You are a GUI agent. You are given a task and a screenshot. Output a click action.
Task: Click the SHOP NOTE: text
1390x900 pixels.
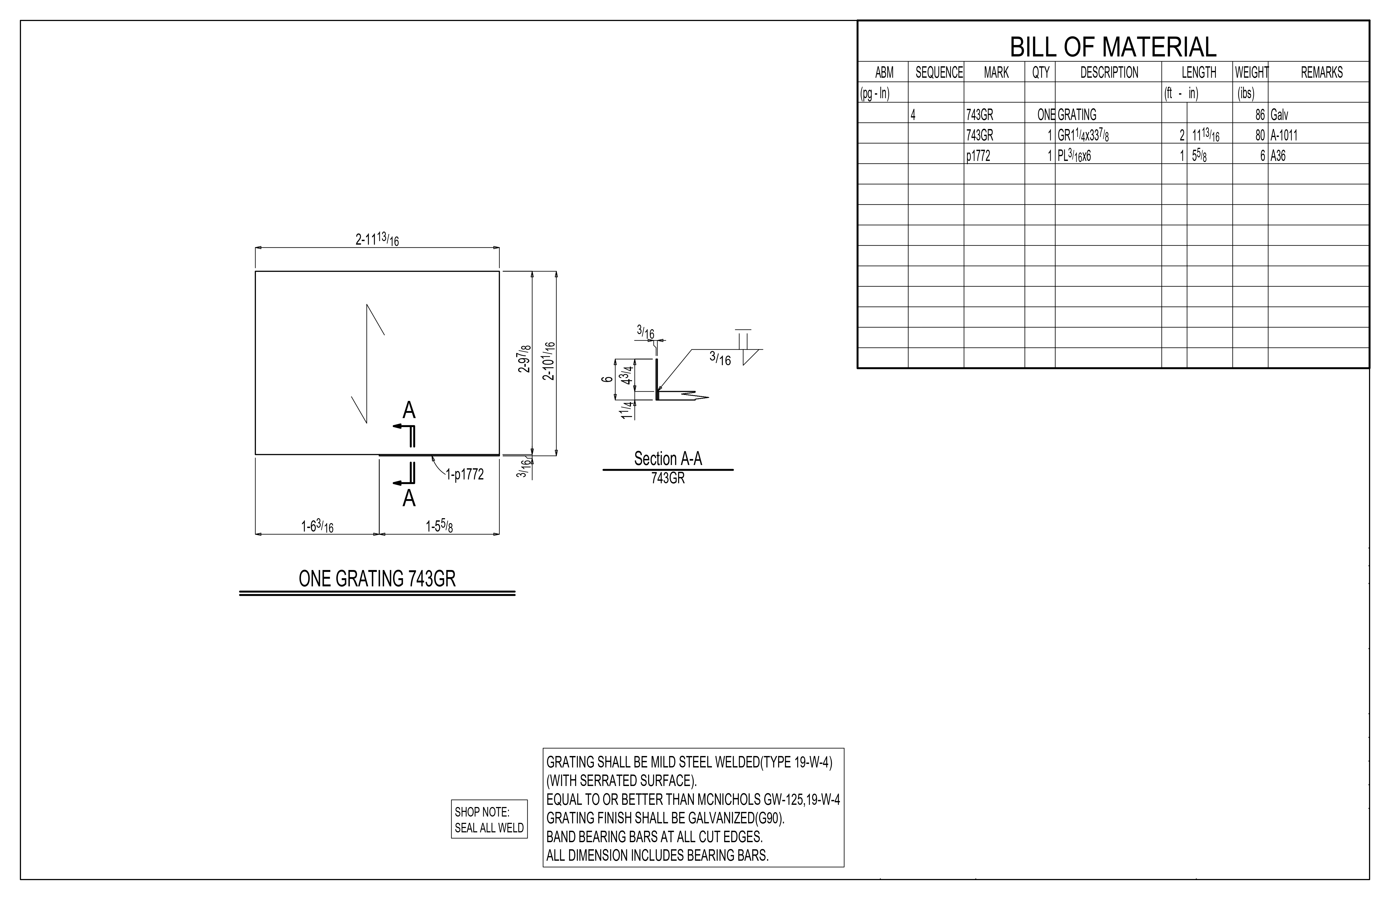click(x=482, y=812)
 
